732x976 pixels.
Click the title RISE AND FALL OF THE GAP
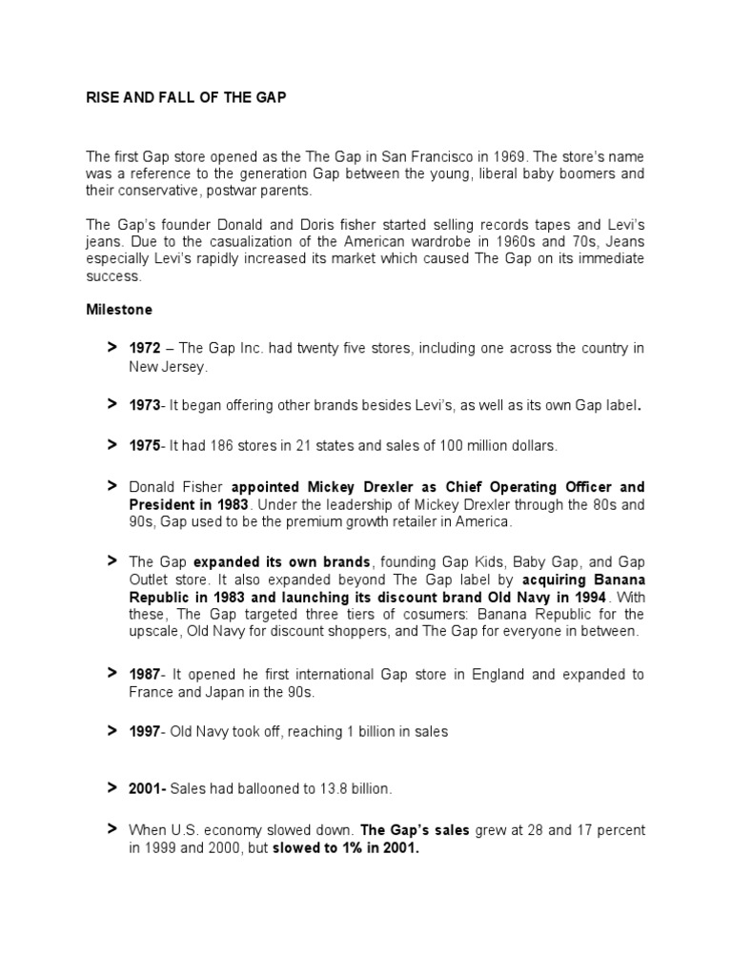click(186, 99)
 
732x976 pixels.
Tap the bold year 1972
click(144, 349)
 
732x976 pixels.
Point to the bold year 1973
click(144, 405)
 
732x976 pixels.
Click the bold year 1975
click(144, 445)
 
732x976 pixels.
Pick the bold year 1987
click(144, 675)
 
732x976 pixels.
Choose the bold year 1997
click(144, 732)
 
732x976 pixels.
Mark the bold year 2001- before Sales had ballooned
click(147, 789)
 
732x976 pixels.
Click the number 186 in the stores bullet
click(225, 445)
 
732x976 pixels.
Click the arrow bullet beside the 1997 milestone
click(112, 731)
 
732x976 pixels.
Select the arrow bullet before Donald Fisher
click(112, 486)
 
